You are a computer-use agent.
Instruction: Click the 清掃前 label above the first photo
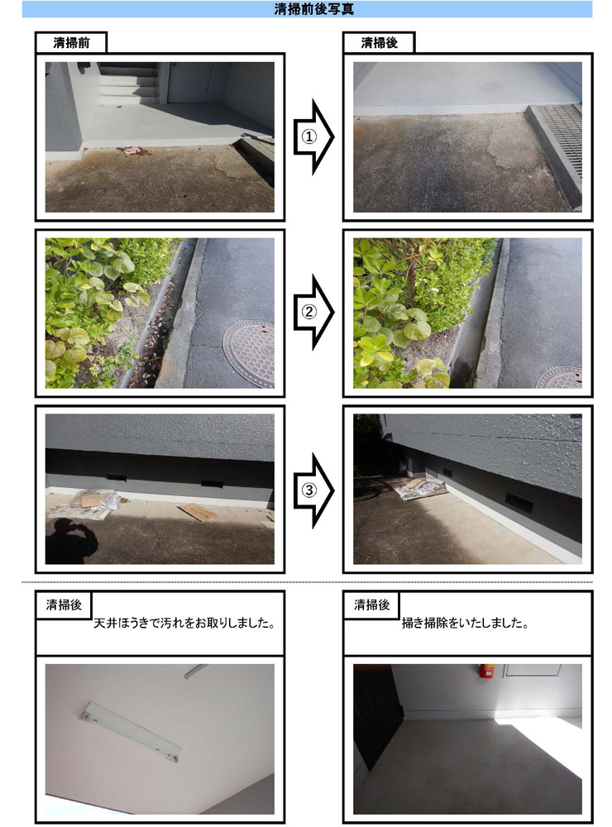[71, 43]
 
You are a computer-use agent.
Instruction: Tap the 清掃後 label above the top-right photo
[380, 43]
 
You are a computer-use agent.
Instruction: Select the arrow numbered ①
[313, 136]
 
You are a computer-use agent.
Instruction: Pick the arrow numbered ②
[313, 312]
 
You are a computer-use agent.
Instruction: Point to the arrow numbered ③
[313, 490]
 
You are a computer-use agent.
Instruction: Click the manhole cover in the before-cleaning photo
[250, 353]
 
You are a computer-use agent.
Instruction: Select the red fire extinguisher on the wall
[486, 671]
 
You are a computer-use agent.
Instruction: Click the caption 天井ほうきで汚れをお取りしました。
[184, 623]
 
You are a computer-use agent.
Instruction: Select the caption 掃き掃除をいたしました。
[465, 623]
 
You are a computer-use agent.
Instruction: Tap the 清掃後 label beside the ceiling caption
[64, 605]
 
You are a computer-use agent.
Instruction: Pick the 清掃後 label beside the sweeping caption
[372, 605]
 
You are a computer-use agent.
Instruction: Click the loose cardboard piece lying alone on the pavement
[198, 512]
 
